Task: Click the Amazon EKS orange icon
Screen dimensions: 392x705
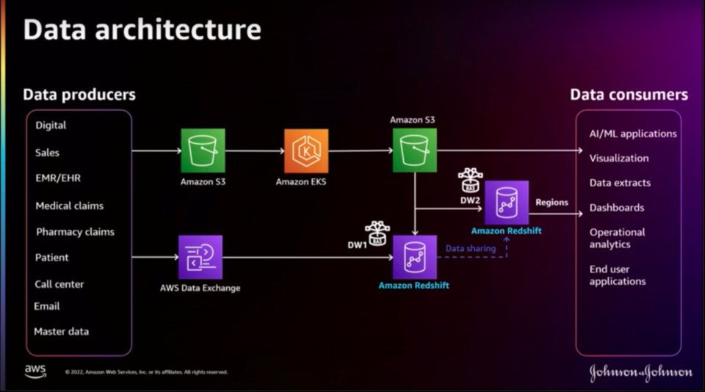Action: point(306,150)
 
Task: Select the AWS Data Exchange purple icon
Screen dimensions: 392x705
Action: point(200,257)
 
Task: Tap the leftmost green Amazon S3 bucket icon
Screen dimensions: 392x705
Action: point(203,150)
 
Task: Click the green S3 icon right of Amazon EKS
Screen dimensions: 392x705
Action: point(414,150)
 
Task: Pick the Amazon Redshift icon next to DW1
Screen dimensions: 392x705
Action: point(414,257)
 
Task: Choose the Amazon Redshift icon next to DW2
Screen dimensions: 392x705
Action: point(506,202)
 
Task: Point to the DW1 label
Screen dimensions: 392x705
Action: point(357,244)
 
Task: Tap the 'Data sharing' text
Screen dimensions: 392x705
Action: point(471,249)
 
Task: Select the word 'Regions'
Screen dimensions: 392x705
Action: point(552,202)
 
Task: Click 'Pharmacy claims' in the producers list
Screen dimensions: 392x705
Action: point(75,232)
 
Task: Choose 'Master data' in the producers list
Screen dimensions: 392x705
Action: point(61,332)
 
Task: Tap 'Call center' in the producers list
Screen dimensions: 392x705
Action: point(59,284)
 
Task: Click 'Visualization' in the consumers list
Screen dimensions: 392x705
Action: point(618,159)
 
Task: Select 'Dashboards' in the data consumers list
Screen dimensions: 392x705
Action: point(616,208)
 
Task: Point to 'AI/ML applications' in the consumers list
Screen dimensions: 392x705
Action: point(632,134)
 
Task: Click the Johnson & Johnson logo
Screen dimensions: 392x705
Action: point(640,372)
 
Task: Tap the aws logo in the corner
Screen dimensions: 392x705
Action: point(35,371)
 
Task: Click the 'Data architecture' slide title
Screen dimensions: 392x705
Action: point(142,29)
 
